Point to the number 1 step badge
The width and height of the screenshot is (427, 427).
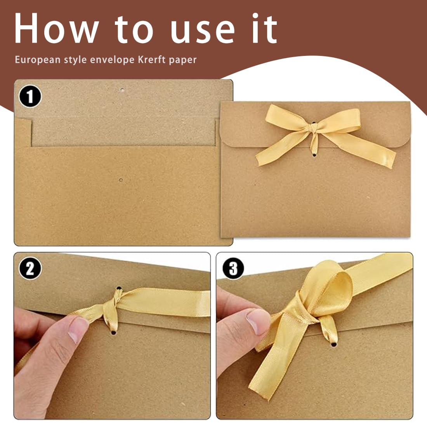click(x=30, y=96)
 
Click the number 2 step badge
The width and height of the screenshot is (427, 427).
click(x=30, y=268)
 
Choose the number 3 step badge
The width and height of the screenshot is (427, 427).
click(x=233, y=268)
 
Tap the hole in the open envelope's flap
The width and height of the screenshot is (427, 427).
click(x=123, y=90)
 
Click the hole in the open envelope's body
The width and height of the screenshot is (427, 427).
click(x=121, y=180)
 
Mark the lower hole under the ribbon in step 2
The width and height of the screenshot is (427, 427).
click(x=113, y=333)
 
